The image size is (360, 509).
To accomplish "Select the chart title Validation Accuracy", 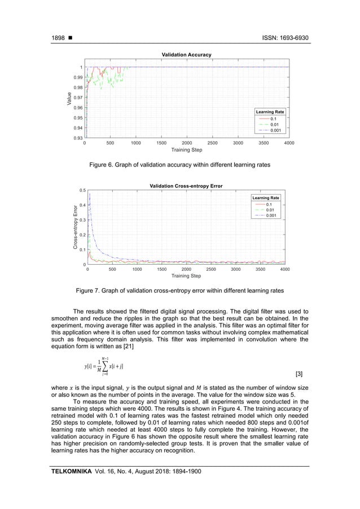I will point(186,55).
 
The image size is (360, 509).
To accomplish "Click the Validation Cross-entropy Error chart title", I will point(186,186).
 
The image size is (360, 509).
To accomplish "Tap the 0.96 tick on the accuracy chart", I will point(78,108).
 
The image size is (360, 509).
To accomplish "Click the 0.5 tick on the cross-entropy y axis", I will point(82,191).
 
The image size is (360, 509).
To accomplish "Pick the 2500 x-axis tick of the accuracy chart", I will point(213,143).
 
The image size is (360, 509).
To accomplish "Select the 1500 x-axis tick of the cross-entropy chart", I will point(161,270).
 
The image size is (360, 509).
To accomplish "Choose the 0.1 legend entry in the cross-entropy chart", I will point(270,204).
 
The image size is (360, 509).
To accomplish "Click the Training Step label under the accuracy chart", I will point(187,150).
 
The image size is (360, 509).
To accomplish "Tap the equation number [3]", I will point(298,374).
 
